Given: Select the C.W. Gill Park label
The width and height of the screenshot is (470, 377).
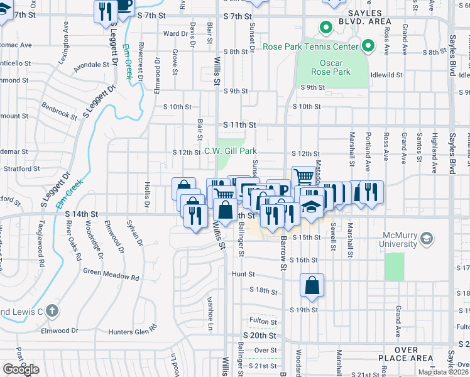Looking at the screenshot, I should click(231, 151).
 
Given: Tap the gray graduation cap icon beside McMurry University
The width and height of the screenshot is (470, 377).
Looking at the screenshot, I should click(427, 238).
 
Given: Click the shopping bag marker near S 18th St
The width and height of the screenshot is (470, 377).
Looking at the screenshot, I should click(312, 287).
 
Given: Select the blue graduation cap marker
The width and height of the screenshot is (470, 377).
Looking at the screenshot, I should click(311, 206).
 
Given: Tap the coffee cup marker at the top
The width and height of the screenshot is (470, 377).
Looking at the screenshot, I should click(124, 5).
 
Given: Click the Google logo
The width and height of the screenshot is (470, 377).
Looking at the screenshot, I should click(21, 369).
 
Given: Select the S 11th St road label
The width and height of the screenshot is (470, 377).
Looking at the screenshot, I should click(239, 125).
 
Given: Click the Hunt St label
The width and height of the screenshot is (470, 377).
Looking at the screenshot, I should click(243, 274).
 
